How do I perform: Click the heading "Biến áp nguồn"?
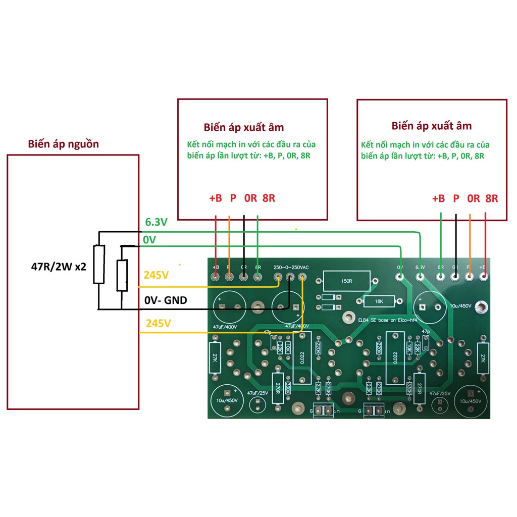(64, 144)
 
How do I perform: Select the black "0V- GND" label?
(165, 300)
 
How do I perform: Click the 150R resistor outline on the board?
(346, 281)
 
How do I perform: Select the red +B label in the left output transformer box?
(215, 198)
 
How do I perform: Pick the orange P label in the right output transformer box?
(456, 198)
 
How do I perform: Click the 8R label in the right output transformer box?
(491, 198)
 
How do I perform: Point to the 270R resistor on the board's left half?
(277, 388)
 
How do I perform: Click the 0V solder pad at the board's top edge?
(400, 277)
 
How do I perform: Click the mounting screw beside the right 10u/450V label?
(483, 306)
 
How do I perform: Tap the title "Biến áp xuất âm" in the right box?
(431, 126)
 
